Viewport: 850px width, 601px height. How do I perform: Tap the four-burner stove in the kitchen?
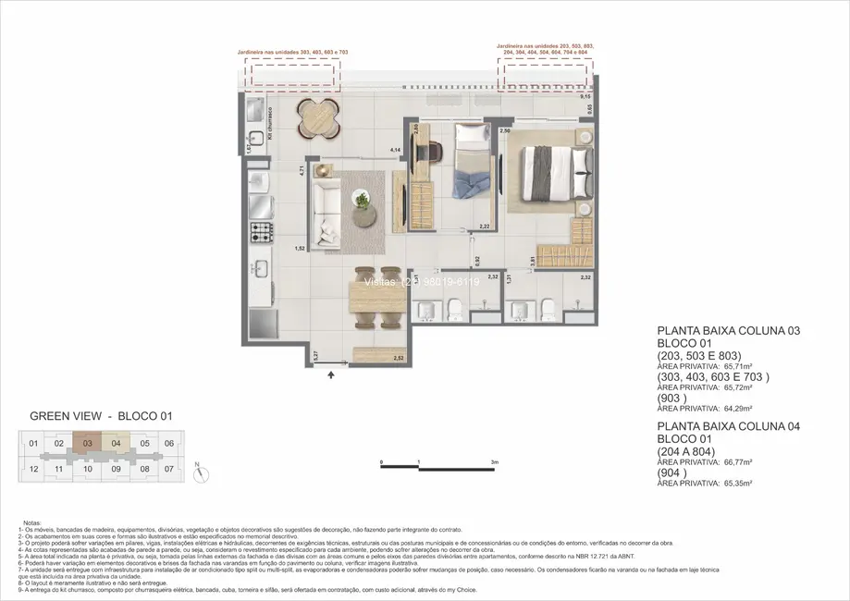tap(261, 231)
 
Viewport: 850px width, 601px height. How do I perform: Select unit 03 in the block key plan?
tap(86, 444)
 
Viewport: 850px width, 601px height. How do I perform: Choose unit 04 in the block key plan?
tap(116, 444)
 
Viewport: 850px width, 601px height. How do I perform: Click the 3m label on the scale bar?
tap(496, 461)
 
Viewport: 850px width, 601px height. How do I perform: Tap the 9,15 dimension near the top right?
tap(585, 96)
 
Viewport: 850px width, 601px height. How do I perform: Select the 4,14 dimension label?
tap(395, 150)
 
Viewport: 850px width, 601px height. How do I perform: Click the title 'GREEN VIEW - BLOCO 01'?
tap(102, 417)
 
